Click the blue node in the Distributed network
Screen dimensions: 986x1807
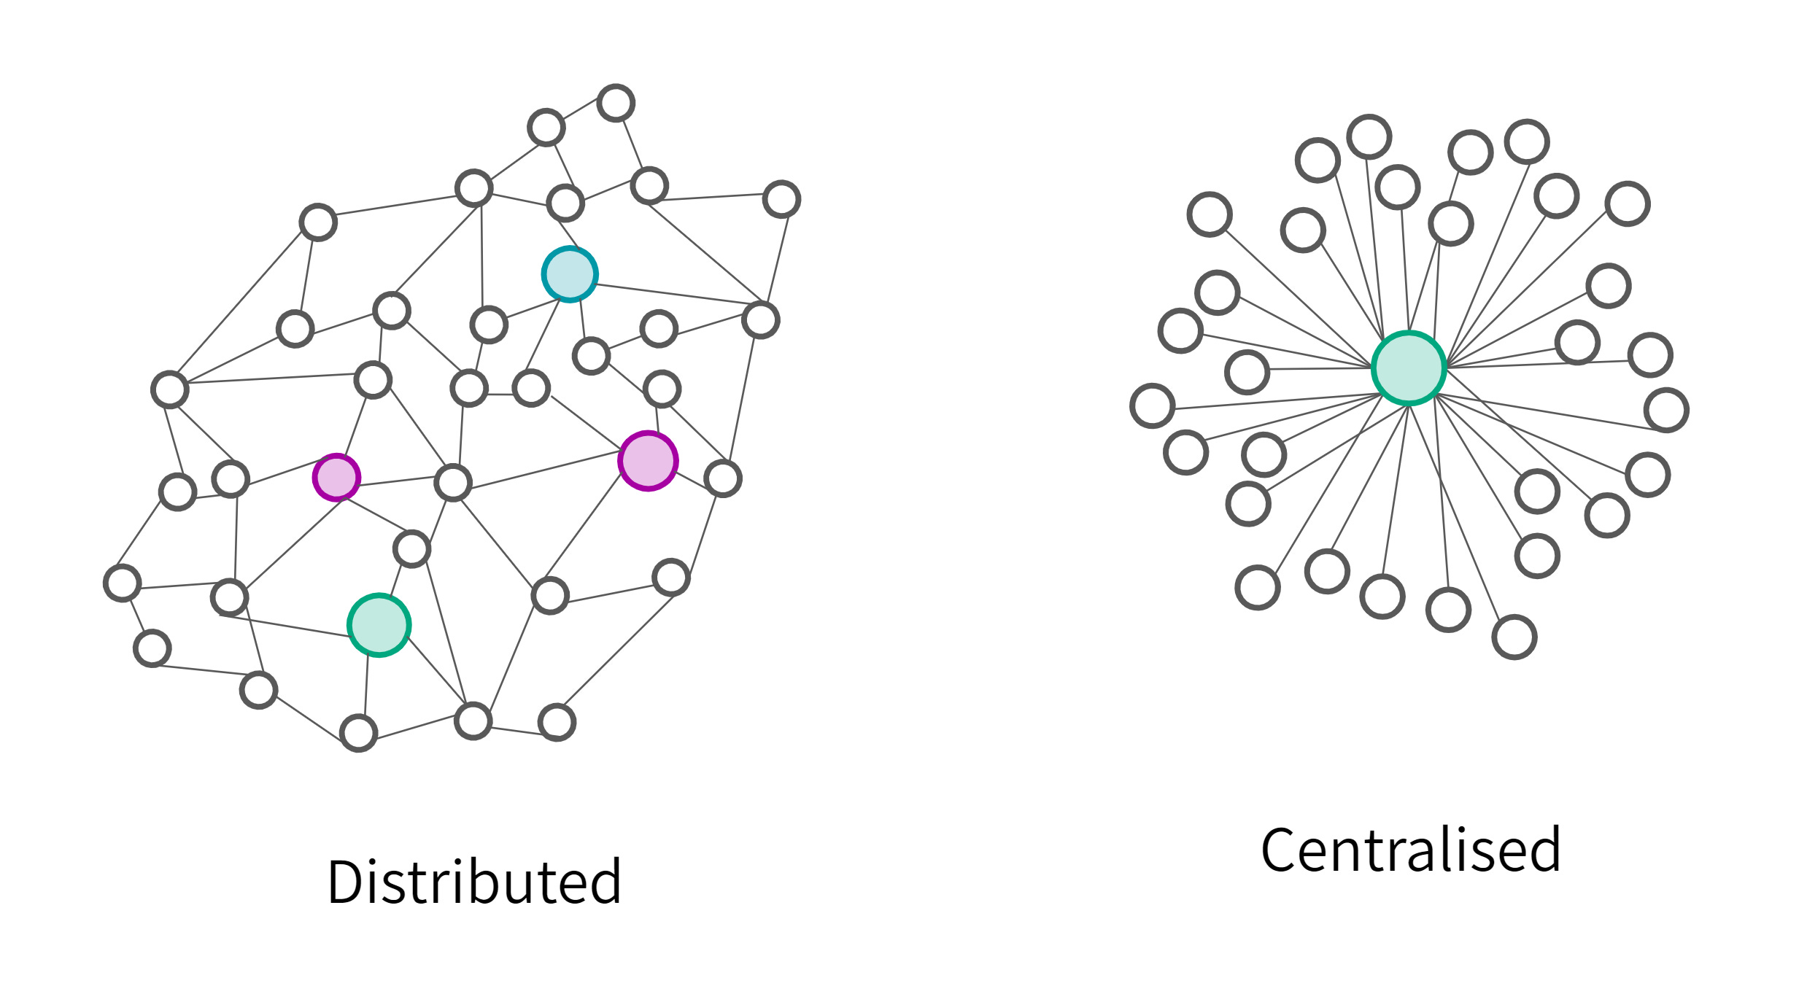[570, 274]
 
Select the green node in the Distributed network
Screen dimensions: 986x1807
[379, 625]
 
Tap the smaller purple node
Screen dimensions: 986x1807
[336, 477]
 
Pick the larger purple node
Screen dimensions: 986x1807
[648, 461]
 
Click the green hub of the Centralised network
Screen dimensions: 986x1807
[1408, 368]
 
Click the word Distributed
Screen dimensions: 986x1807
[474, 882]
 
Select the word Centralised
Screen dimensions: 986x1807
[1410, 850]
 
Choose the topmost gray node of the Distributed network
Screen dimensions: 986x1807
[616, 103]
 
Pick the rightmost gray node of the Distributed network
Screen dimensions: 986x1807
[781, 199]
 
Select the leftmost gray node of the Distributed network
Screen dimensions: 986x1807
[122, 583]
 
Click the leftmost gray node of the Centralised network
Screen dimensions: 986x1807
[1152, 405]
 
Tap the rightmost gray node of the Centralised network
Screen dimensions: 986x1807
[1666, 410]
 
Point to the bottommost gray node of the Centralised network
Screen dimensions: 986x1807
[1514, 637]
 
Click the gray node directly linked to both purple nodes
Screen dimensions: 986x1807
[453, 482]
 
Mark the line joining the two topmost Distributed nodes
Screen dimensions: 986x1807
[581, 115]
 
